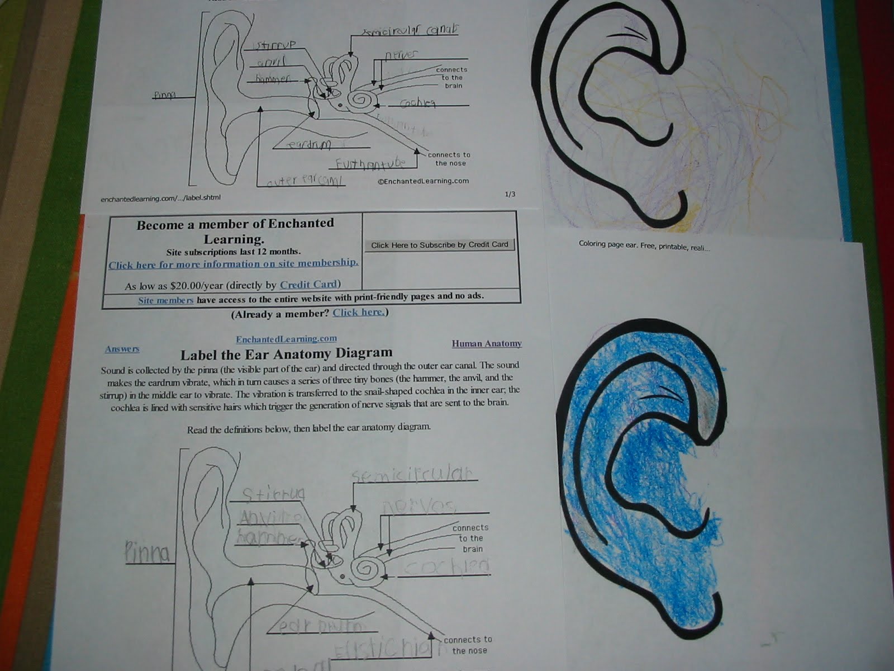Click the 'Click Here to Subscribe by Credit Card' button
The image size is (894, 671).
click(440, 245)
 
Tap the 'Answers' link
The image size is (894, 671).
click(122, 349)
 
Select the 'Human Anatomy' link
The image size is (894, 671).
click(487, 343)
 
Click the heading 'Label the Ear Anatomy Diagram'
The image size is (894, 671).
click(286, 353)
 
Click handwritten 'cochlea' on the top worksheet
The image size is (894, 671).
click(418, 103)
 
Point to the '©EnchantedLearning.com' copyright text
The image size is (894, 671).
click(423, 181)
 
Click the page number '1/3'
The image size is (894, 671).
click(510, 194)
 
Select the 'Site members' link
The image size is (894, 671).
click(166, 300)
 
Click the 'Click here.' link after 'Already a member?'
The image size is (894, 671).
click(359, 312)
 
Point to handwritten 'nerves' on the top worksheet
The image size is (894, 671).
click(401, 55)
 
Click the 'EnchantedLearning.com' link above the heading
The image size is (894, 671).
click(286, 339)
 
